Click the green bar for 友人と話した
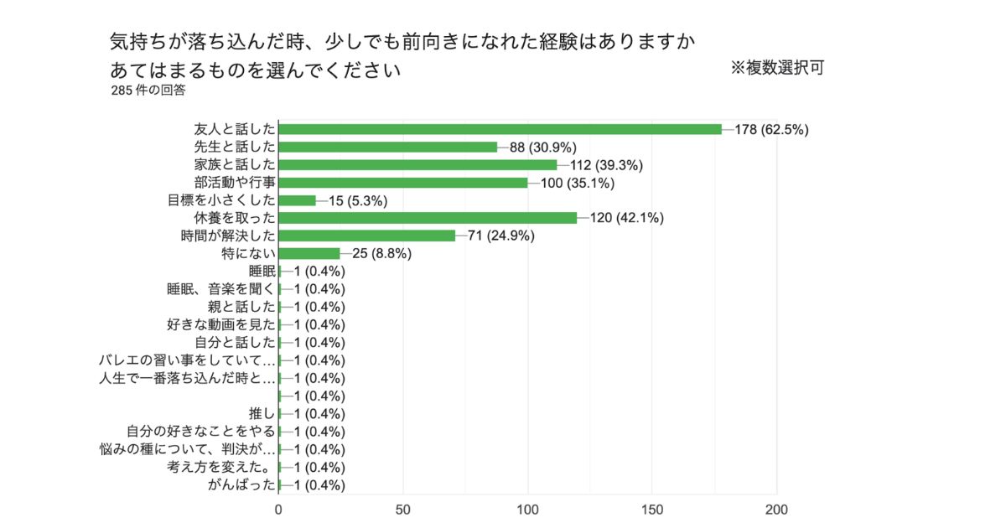click(x=500, y=129)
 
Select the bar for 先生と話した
click(x=388, y=147)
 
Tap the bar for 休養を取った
click(x=428, y=218)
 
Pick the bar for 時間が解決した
click(x=366, y=236)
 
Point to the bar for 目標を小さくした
click(x=297, y=200)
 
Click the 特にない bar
click(x=309, y=253)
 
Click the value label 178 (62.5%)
click(x=771, y=129)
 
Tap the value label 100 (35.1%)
click(x=578, y=183)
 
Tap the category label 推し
click(x=262, y=413)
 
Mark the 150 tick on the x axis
click(x=652, y=509)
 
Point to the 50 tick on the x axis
click(x=403, y=509)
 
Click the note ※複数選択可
click(x=777, y=68)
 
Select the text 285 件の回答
click(x=148, y=91)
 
